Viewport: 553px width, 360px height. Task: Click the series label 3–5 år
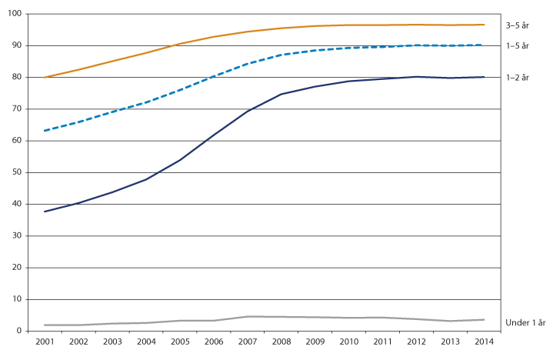(517, 25)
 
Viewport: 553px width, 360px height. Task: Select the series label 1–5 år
(517, 46)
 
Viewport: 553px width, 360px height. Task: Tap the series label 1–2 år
(517, 77)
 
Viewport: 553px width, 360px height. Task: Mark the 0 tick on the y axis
(21, 331)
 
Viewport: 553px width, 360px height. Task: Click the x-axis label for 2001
(44, 341)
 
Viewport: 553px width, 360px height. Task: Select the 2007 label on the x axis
(247, 341)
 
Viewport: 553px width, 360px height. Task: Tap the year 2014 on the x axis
(484, 341)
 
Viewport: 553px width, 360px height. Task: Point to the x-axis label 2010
(348, 341)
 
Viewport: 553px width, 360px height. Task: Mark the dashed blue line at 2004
(145, 102)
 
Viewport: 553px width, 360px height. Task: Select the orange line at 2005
(179, 44)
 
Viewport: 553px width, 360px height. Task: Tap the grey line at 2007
(247, 316)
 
